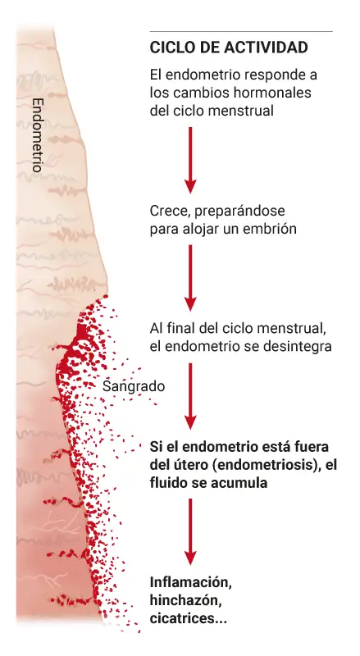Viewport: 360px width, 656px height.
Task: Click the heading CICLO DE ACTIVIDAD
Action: (x=229, y=48)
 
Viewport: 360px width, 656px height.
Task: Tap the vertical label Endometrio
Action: (x=38, y=135)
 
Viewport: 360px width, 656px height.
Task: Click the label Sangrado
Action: (x=134, y=386)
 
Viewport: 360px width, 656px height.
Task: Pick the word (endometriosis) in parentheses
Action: (x=266, y=465)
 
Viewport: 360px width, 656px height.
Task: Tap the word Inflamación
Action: (x=191, y=582)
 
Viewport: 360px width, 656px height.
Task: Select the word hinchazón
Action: (x=186, y=601)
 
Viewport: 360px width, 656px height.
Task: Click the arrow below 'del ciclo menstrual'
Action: (x=190, y=160)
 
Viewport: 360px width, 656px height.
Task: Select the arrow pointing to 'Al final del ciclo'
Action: (x=190, y=278)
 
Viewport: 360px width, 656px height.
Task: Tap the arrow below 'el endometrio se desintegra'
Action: (x=190, y=396)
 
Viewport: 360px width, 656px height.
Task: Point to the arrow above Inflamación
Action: (x=190, y=531)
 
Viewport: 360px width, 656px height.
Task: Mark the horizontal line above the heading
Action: (x=241, y=31)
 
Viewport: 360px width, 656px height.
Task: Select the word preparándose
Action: (x=239, y=212)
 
